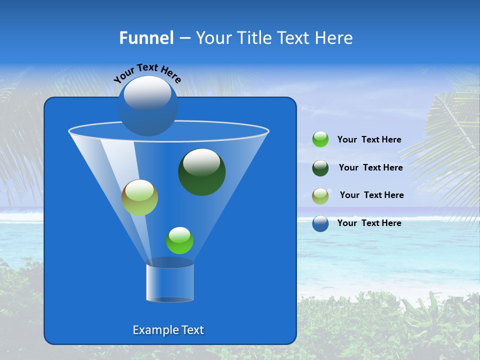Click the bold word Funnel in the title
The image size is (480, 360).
(x=146, y=38)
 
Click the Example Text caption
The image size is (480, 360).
(x=168, y=330)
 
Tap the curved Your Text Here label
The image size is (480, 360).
(x=147, y=73)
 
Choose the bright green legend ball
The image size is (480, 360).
(x=320, y=139)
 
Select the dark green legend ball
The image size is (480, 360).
(x=320, y=168)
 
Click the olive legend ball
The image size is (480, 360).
(x=320, y=196)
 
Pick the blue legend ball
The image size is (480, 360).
(x=320, y=223)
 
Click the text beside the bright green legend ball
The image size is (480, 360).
(x=369, y=140)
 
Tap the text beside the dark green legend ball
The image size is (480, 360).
(x=370, y=167)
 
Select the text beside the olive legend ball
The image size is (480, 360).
(x=371, y=195)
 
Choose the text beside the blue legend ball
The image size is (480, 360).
(x=369, y=223)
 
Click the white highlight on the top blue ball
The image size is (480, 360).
(x=147, y=93)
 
